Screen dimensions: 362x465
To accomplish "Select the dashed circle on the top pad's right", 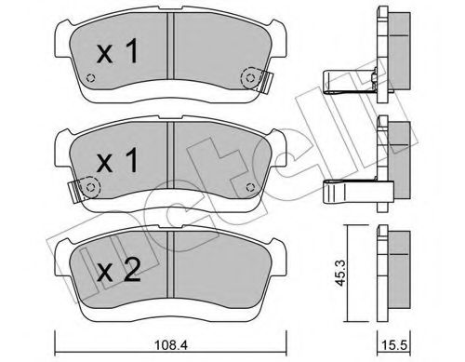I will tap(248, 79).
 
